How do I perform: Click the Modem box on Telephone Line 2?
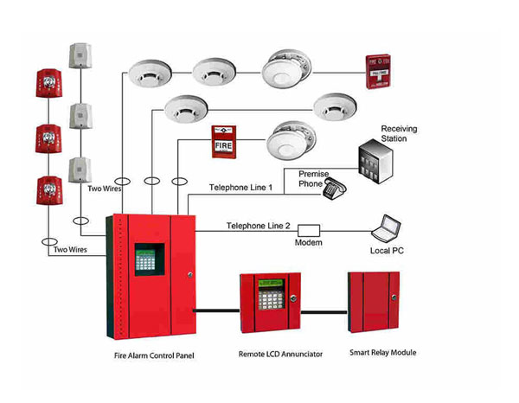point(309,231)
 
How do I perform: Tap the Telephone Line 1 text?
point(241,188)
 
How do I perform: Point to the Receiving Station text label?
point(399,133)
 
